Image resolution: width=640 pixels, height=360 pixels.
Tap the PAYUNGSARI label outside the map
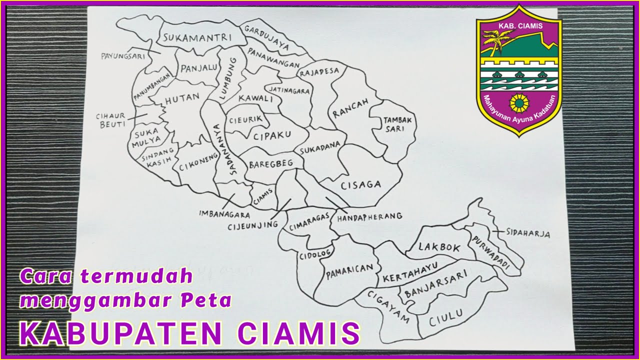pos(122,55)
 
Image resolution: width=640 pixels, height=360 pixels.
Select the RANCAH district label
pos(351,108)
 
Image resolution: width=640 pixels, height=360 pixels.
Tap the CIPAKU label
pos(271,135)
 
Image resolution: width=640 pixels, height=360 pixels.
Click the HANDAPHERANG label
pos(369,216)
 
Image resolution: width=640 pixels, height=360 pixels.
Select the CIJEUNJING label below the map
pos(252,225)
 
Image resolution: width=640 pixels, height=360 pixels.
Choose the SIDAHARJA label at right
pos(527,233)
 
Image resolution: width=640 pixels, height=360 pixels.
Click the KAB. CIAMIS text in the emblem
pos(518,26)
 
